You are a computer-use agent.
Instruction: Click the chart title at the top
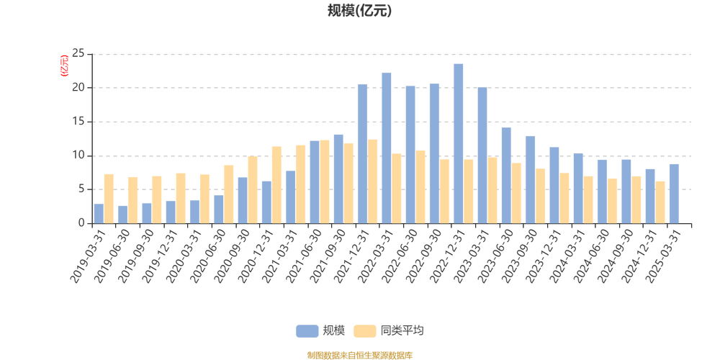tap(359, 11)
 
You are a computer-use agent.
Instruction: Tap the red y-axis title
tap(64, 65)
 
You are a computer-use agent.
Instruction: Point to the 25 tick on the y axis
tap(79, 54)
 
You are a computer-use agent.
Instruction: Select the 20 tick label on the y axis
tap(79, 88)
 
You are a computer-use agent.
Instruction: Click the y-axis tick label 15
tap(79, 122)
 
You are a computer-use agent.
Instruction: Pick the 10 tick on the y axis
tap(79, 156)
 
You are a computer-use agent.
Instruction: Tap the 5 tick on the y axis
tap(81, 189)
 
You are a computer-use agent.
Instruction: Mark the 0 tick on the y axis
tap(81, 223)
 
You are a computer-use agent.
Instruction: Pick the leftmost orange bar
tap(109, 198)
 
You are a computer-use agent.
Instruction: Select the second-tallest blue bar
tap(386, 147)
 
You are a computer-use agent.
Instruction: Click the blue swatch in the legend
tap(307, 330)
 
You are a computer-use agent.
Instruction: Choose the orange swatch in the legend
tap(365, 330)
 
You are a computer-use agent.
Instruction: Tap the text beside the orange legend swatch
tap(402, 330)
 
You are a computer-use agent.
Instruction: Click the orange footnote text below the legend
tap(359, 354)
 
